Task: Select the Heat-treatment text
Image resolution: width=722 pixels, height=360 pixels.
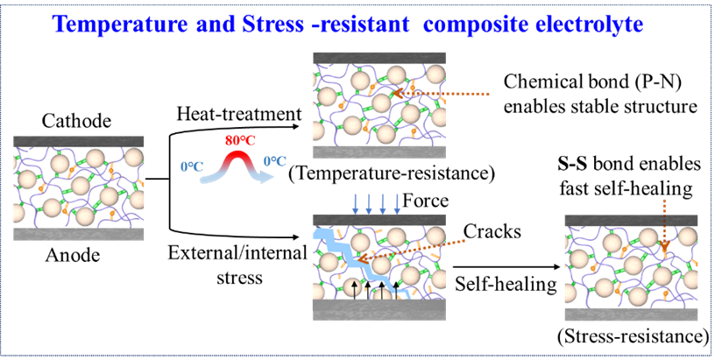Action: [x=239, y=114]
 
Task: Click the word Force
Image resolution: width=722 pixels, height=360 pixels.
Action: [x=426, y=201]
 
